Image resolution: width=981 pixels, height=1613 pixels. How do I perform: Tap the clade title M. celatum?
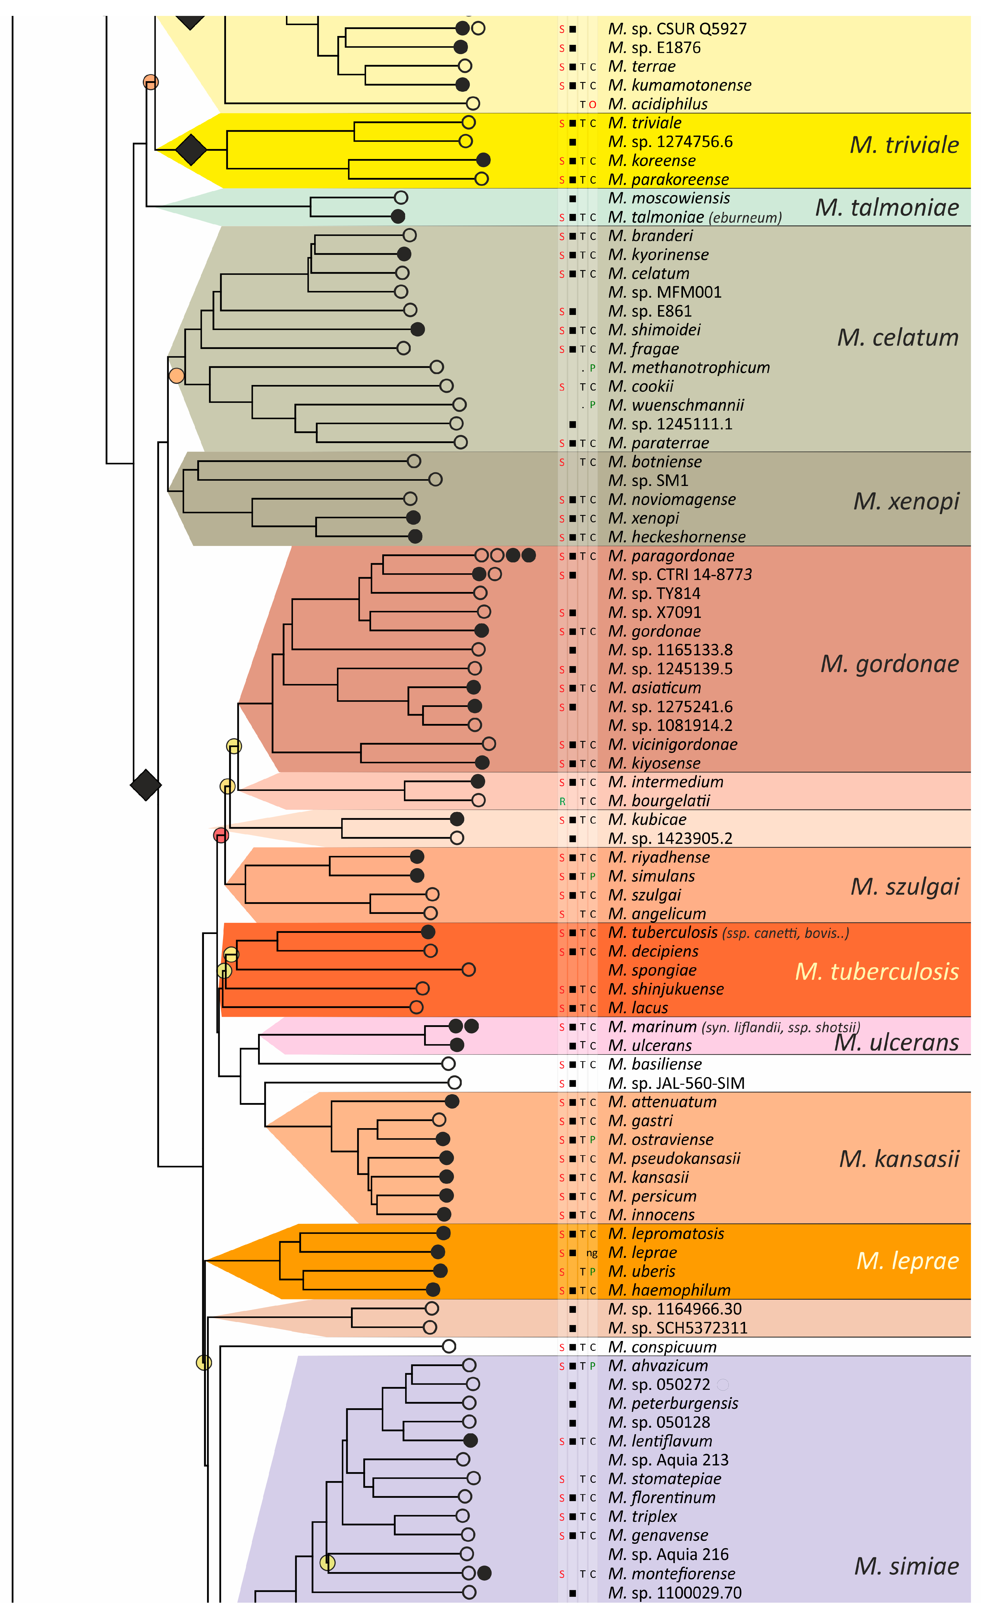tap(897, 338)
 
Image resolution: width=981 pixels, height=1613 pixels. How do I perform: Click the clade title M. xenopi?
tap(906, 501)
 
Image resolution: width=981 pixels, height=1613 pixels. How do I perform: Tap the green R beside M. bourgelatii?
tap(562, 801)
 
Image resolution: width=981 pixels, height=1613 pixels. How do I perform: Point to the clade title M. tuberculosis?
tap(876, 971)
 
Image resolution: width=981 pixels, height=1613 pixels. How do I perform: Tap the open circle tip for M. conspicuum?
tap(449, 1347)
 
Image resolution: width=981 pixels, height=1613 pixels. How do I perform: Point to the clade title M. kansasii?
tap(898, 1159)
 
